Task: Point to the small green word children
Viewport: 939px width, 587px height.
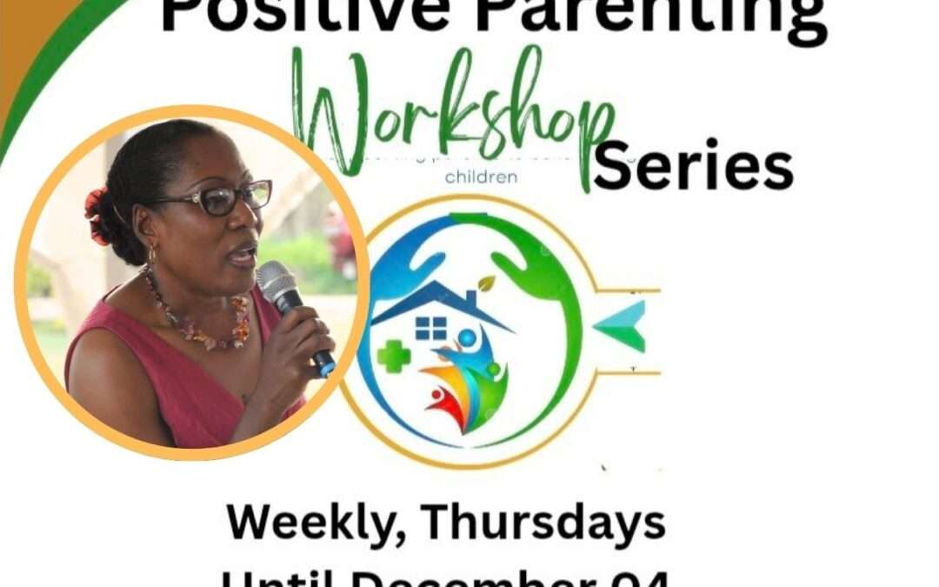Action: point(481,177)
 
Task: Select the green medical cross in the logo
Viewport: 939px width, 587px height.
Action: point(393,356)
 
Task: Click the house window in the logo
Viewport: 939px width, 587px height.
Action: point(431,328)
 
